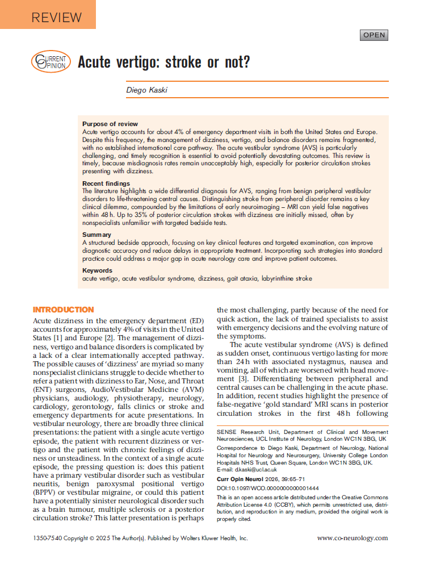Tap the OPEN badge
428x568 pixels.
tap(374, 35)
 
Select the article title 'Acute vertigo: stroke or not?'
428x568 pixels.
tap(163, 61)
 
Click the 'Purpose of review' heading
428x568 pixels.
tap(110, 124)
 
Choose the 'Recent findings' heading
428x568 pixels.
tap(106, 183)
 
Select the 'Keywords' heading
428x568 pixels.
tap(97, 270)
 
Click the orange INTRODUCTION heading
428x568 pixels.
tap(64, 310)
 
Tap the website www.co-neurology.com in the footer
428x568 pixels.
tap(353, 538)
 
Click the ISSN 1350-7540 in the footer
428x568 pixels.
tap(48, 538)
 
